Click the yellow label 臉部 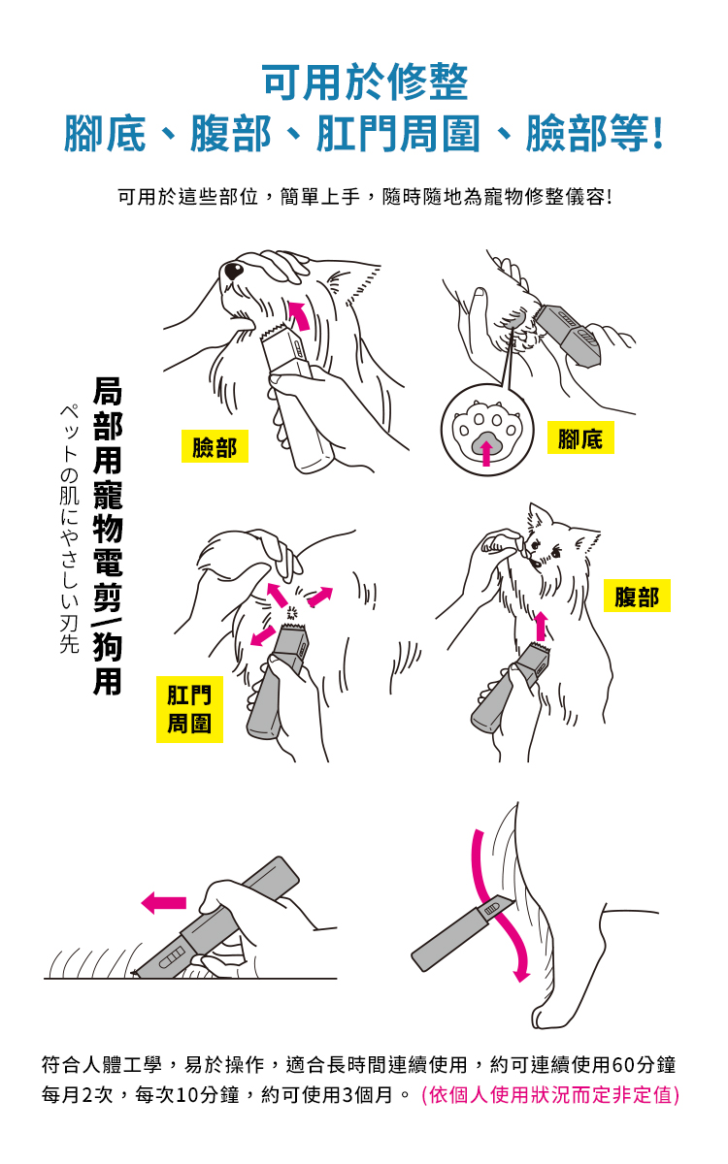[x=215, y=446]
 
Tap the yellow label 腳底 [x=580, y=437]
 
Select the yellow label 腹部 [x=637, y=596]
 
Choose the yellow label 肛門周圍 [x=189, y=709]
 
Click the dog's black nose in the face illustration [x=234, y=271]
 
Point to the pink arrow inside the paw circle [x=486, y=453]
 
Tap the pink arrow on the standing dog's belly [x=541, y=627]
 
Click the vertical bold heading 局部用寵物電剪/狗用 [x=108, y=536]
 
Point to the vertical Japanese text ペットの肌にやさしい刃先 [x=69, y=529]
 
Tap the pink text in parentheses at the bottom [x=550, y=1095]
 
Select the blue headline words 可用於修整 [x=366, y=82]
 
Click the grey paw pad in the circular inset [x=486, y=441]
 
